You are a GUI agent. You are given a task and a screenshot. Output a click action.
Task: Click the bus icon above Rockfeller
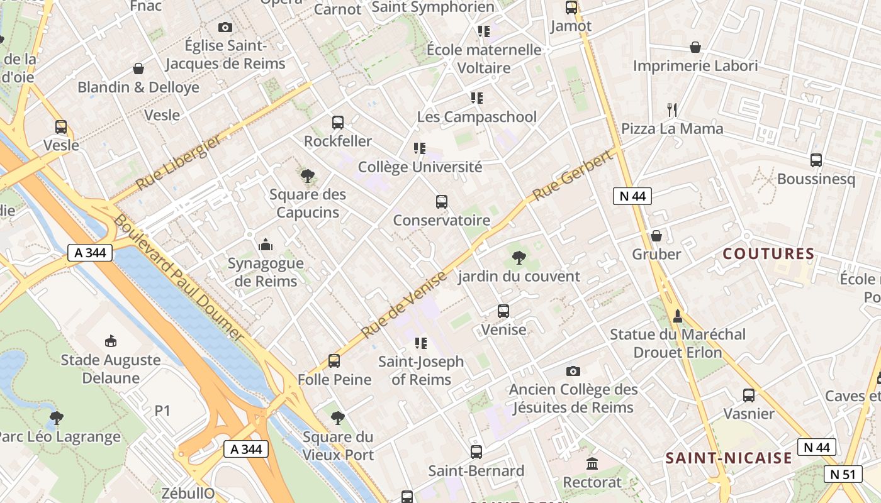[338, 123]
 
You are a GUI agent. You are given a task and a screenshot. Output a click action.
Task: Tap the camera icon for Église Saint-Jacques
[225, 27]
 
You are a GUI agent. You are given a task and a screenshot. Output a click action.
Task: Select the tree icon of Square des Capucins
[307, 176]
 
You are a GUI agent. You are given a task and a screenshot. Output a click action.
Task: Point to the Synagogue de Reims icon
[266, 245]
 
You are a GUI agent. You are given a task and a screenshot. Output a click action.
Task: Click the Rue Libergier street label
[178, 163]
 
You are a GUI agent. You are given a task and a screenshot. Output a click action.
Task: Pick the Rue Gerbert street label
[573, 176]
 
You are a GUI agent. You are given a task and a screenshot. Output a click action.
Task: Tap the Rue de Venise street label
[404, 304]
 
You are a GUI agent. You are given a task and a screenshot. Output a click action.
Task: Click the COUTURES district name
[768, 254]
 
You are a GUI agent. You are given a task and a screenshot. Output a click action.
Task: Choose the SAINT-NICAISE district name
[729, 458]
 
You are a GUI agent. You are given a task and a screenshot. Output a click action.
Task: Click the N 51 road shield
[843, 474]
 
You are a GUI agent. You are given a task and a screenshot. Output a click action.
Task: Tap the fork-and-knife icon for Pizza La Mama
[672, 110]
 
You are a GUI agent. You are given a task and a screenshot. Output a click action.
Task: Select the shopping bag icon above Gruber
[656, 236]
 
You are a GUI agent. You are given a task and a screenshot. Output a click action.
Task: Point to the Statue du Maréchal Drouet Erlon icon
[677, 316]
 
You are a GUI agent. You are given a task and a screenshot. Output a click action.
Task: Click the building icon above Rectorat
[592, 464]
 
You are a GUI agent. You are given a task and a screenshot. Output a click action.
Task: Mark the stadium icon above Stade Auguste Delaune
[111, 341]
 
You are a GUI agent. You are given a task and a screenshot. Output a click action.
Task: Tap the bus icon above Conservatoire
[442, 202]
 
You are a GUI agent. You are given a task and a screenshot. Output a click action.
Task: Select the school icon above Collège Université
[420, 148]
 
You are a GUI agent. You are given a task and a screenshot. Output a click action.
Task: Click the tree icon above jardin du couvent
[519, 257]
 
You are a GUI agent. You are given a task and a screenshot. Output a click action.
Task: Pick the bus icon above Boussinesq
[816, 160]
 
